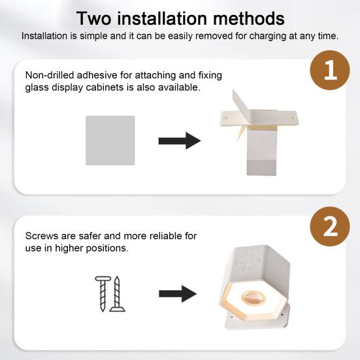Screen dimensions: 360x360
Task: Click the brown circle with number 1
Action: [x=330, y=70]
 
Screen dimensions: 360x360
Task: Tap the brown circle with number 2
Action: [x=330, y=226]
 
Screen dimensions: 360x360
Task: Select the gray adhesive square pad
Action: [x=110, y=140]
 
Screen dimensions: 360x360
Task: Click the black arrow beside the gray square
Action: [x=180, y=140]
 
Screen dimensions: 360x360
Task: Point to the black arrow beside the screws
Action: [x=178, y=293]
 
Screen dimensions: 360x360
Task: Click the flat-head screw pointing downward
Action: [x=103, y=294]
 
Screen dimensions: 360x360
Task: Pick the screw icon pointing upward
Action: [x=118, y=294]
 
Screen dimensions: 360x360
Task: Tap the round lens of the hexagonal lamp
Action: [x=254, y=298]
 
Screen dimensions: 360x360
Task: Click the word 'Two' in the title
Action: [x=93, y=18]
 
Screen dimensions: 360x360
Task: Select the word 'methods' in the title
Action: [x=249, y=18]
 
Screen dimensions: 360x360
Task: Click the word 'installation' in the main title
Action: [x=162, y=18]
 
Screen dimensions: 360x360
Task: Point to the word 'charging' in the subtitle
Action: [x=268, y=37]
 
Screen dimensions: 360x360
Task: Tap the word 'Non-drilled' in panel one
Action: [x=50, y=75]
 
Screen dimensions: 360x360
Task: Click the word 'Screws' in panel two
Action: [x=42, y=236]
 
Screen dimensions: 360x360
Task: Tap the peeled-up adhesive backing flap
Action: [x=241, y=101]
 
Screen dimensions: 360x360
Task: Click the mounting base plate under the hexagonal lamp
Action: [x=257, y=317]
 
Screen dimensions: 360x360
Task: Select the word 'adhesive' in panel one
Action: [x=97, y=75]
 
